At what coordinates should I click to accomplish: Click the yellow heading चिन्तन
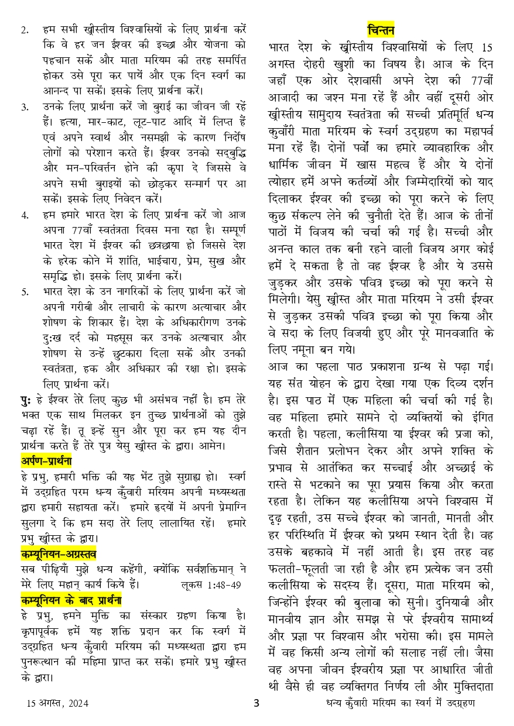(x=381, y=29)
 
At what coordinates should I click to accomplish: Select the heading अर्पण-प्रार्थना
(x=46, y=460)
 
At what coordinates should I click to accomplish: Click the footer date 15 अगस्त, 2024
(x=57, y=703)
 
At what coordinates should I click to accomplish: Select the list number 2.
(x=24, y=29)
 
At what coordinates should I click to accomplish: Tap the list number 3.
(x=24, y=107)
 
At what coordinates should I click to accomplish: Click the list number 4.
(x=24, y=215)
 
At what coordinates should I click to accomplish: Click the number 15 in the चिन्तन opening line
(x=485, y=47)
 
